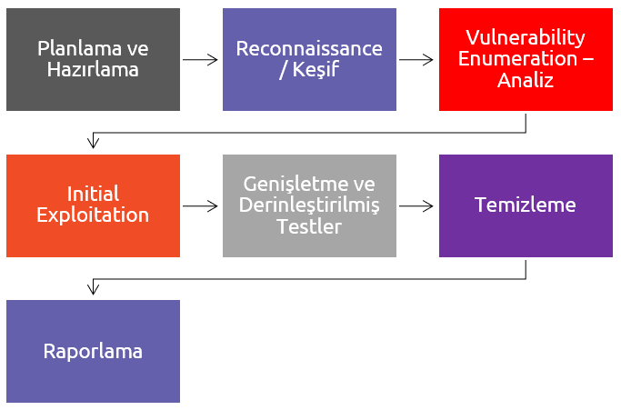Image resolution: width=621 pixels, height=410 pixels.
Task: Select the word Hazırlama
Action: point(93,70)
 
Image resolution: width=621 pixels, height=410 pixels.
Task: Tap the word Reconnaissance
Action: point(309,49)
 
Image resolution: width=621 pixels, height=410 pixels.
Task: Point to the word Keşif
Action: point(316,70)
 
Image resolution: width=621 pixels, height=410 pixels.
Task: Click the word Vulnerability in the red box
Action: point(526,38)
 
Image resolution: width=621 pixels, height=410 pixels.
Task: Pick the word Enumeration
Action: point(517,59)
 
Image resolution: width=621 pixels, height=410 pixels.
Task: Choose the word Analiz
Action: point(526,80)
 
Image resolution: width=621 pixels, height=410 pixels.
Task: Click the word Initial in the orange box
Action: point(93,195)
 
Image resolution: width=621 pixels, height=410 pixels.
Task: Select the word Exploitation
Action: point(93,215)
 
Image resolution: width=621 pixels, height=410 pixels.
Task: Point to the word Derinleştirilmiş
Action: point(309,205)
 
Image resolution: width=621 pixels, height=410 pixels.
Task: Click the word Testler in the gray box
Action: point(309,226)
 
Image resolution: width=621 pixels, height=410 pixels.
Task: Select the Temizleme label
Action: point(526,205)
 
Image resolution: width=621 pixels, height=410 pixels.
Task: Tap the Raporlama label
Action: point(93,352)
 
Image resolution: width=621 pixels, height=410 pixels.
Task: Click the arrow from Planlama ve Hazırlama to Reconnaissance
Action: point(200,60)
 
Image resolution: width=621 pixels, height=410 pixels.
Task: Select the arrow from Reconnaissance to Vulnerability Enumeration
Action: point(416,60)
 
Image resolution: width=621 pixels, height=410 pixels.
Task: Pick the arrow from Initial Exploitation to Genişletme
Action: point(200,206)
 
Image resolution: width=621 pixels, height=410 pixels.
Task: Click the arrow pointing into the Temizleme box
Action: point(416,206)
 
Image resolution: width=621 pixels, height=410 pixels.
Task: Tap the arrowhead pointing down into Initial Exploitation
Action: point(93,144)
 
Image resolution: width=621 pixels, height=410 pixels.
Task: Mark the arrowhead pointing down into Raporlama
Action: point(93,290)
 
